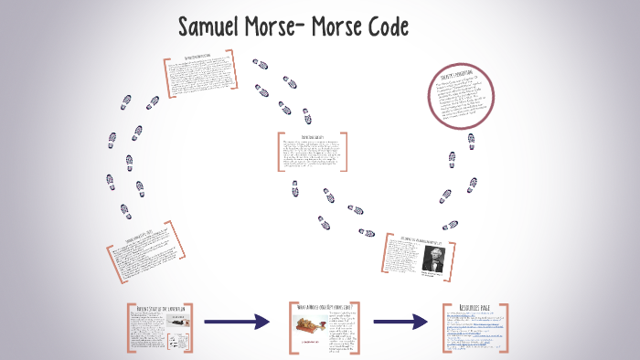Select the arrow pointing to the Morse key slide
[x=237, y=322]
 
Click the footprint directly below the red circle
[x=452, y=159]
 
